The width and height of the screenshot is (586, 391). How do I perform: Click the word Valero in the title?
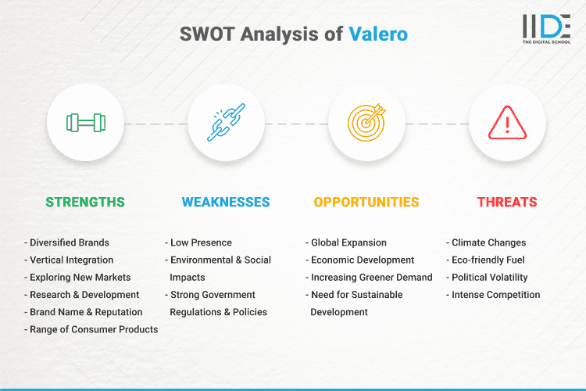click(377, 34)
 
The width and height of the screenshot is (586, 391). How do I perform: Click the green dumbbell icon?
click(85, 123)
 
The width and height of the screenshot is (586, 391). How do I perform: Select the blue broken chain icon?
click(226, 123)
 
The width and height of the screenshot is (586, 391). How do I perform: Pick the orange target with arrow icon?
click(366, 123)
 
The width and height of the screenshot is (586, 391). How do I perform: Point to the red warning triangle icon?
click(507, 123)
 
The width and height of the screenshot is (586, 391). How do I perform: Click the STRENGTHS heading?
click(85, 202)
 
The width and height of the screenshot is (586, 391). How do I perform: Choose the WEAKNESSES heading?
click(226, 202)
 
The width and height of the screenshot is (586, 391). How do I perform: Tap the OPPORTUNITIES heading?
click(366, 202)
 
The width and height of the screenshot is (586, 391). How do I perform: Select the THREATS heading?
click(507, 202)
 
